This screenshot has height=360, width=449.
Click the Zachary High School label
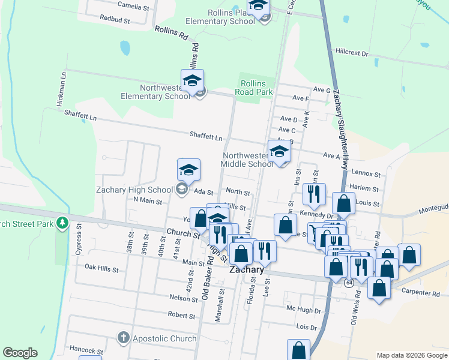134,190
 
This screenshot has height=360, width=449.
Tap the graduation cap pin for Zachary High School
188,170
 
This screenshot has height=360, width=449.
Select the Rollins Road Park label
256,88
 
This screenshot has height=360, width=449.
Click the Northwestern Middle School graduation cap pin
279,152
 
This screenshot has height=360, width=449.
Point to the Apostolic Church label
164,338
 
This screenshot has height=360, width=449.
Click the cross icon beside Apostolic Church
124,338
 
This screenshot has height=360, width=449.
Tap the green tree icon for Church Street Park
62,224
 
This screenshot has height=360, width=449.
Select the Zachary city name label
247,270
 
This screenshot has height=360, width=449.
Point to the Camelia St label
133,7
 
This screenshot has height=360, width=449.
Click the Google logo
20,353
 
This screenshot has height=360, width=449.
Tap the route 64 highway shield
348,283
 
